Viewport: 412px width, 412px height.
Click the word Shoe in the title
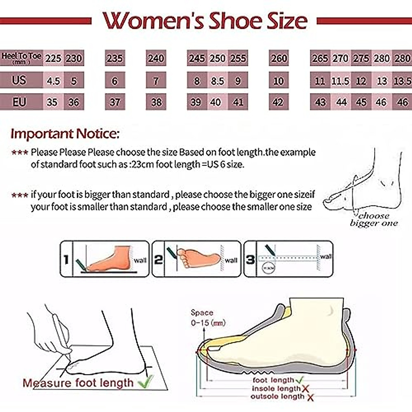coord(236,21)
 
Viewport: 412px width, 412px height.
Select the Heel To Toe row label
coord(21,58)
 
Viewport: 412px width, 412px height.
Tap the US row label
coord(19,80)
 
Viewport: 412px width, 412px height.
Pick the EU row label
coord(19,102)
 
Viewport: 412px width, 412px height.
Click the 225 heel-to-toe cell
coord(53,58)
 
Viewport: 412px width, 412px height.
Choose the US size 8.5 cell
coord(217,81)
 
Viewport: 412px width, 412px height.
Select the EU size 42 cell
coord(278,102)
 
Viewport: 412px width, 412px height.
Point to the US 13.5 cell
coord(402,81)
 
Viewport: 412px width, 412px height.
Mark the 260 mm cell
coord(278,58)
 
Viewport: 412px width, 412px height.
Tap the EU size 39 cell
coord(196,102)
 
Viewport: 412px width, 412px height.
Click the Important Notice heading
coord(65,134)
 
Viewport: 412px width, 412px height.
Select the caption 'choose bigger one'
coord(374,220)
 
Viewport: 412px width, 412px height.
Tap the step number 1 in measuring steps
coord(66,260)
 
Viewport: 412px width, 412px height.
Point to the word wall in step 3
coord(326,256)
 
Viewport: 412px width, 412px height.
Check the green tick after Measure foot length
coord(146,381)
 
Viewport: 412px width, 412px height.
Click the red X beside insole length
coord(305,389)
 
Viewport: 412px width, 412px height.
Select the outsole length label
coord(277,397)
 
